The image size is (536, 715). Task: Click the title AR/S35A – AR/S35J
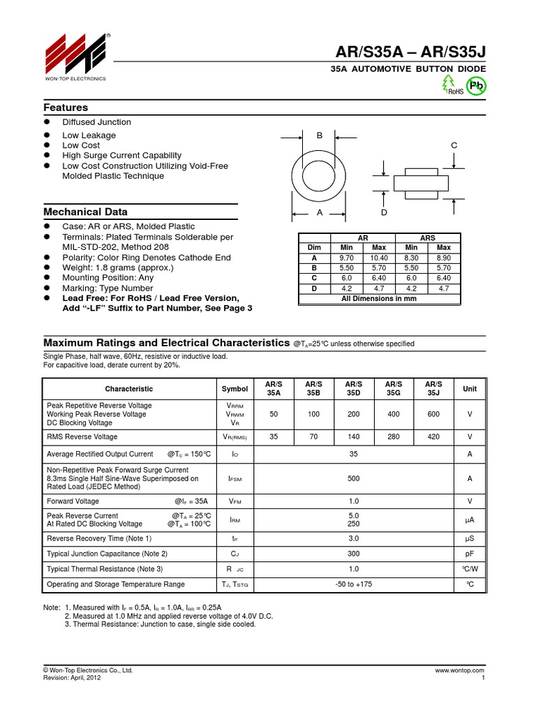pos(408,50)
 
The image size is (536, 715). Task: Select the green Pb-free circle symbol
pos(477,86)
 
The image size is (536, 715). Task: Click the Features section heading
pos(66,108)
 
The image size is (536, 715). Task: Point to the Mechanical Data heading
pos(85,212)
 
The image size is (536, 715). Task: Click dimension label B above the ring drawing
pos(320,135)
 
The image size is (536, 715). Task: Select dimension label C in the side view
pos(454,145)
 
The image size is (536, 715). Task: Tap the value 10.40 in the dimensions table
pos(379,258)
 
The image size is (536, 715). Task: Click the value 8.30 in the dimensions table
pos(412,258)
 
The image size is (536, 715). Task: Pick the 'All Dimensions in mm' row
pos(379,299)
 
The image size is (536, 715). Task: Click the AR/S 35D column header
pos(354,388)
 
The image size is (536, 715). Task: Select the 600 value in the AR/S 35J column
pos(434,414)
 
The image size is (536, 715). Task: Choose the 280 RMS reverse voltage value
pos(394,436)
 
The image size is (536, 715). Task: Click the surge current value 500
pos(354,478)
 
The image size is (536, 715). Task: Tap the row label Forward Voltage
pos(73,501)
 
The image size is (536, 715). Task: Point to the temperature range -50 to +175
pos(354,584)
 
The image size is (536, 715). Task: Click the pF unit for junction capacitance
pos(470,554)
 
